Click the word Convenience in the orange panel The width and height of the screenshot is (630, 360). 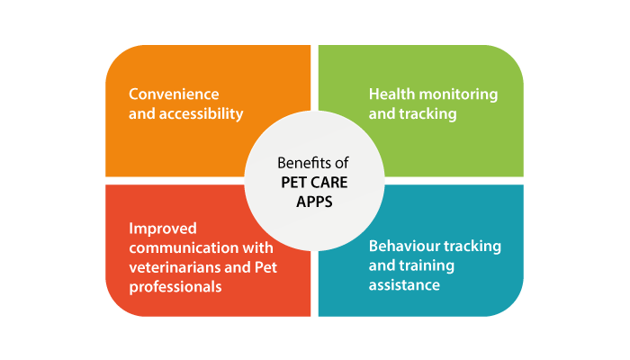(174, 94)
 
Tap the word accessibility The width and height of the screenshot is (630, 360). (202, 113)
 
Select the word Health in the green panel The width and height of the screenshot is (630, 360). (391, 94)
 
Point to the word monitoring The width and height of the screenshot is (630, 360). (458, 94)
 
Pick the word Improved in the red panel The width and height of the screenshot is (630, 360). (163, 229)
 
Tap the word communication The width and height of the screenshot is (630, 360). (184, 247)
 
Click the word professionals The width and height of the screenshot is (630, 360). (175, 287)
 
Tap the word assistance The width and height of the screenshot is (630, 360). (404, 285)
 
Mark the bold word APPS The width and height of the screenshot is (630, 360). (314, 202)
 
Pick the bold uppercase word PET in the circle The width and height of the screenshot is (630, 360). (292, 183)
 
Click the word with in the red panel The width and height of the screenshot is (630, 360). (257, 247)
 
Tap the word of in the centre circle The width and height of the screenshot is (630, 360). (342, 163)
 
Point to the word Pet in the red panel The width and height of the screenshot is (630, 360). (265, 267)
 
